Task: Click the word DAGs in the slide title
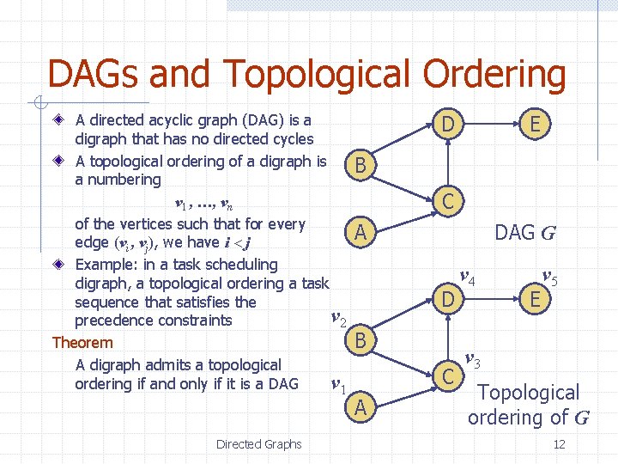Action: pos(94,75)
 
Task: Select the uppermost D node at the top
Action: pos(447,125)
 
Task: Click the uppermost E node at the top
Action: pos(536,125)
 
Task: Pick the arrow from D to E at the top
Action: pos(491,125)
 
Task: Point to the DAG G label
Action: pos(524,232)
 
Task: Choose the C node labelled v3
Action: pos(447,375)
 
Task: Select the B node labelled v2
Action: pos(361,341)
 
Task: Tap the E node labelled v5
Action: pos(536,299)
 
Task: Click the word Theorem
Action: pos(82,343)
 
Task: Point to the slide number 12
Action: pos(559,444)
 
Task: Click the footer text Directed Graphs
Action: pos(258,444)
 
